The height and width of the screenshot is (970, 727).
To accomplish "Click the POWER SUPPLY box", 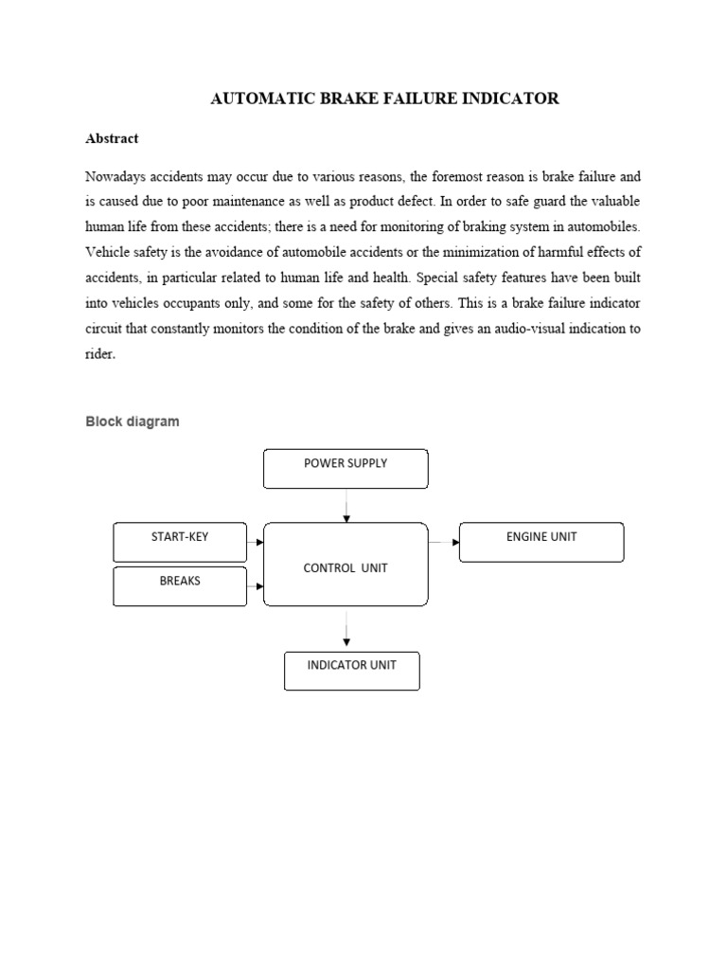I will coord(346,469).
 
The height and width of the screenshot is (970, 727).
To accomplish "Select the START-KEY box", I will coord(180,542).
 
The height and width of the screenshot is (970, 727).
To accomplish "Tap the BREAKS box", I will coord(180,586).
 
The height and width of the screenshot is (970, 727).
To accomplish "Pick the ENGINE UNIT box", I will coord(541,542).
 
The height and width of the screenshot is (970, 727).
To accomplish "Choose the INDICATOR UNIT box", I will coord(352,671).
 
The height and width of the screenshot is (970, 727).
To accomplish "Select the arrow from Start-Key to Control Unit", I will coord(255,543).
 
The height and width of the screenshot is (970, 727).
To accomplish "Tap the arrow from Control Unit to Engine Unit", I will coord(443,542).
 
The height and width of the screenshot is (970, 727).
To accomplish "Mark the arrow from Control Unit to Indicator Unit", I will coord(346,630).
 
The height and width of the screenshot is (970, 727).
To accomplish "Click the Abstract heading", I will coord(112,138).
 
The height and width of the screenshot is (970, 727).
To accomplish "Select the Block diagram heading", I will coord(132,422).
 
